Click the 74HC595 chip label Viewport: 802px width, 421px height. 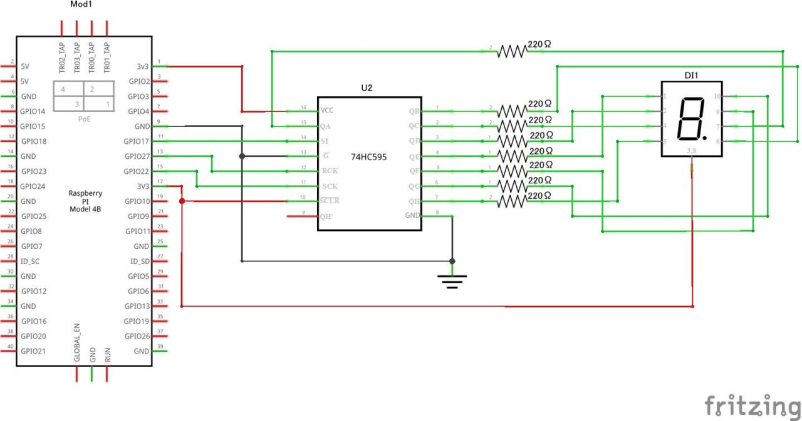tap(369, 157)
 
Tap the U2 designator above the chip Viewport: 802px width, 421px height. tap(367, 88)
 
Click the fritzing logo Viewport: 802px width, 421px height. tap(752, 405)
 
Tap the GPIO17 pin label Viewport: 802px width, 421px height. tap(137, 141)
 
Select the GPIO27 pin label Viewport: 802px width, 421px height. tap(137, 156)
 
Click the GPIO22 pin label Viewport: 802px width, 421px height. tap(137, 171)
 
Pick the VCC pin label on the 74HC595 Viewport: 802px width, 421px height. tap(327, 111)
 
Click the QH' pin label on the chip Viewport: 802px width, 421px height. tap(326, 216)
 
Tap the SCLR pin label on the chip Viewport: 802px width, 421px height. tap(329, 201)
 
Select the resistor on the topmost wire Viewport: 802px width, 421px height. tap(513, 52)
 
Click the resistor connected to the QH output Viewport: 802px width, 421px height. tap(513, 201)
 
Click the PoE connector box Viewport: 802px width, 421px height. tap(83, 96)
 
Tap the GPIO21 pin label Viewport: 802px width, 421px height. tap(33, 351)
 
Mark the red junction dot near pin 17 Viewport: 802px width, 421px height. tap(182, 201)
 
